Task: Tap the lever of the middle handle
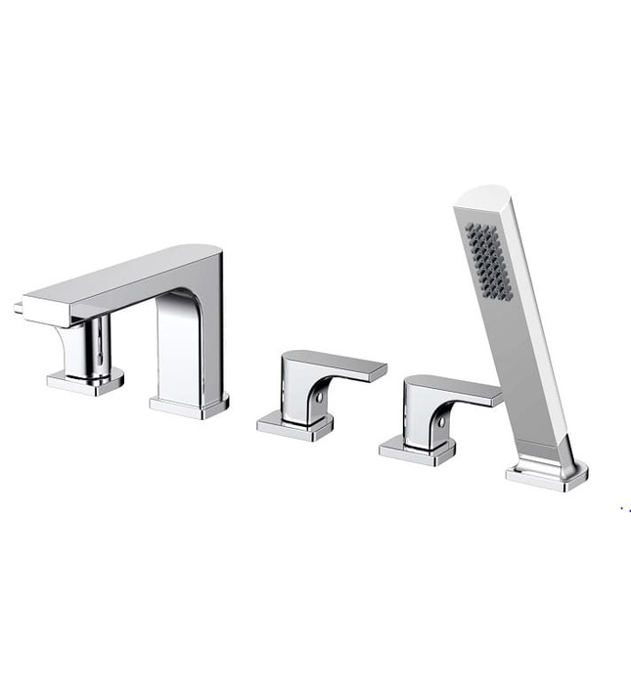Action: pos(342,365)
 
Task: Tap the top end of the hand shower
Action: pos(476,194)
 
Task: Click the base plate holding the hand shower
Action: pos(546,474)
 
